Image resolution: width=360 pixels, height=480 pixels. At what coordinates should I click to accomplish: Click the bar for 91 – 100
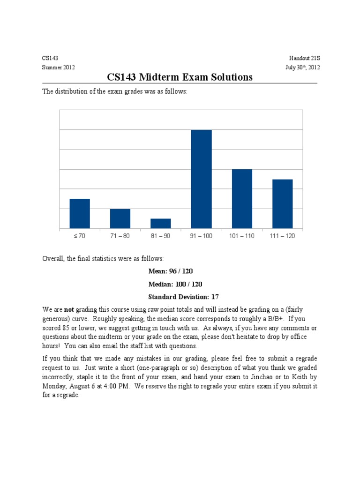[201, 180]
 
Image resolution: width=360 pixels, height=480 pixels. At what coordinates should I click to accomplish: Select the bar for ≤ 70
[80, 214]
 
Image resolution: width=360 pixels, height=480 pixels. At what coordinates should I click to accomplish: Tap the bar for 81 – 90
[161, 224]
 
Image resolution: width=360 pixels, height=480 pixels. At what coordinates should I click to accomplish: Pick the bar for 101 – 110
[242, 199]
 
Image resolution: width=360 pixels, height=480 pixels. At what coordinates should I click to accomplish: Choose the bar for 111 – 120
[282, 204]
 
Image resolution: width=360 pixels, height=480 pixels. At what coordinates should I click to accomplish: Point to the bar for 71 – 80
[120, 219]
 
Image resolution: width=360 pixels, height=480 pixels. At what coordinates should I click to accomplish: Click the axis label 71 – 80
[120, 236]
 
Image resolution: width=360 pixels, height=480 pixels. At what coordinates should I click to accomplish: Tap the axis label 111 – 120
[282, 236]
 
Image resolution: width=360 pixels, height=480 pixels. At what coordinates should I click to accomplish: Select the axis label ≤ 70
[80, 236]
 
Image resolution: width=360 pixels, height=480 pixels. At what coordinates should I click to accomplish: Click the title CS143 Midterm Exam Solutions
[180, 77]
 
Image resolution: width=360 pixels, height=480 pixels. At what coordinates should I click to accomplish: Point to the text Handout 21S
[304, 58]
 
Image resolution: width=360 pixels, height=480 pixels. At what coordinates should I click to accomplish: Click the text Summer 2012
[59, 67]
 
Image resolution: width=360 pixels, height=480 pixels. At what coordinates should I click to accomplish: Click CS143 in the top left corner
[50, 58]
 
